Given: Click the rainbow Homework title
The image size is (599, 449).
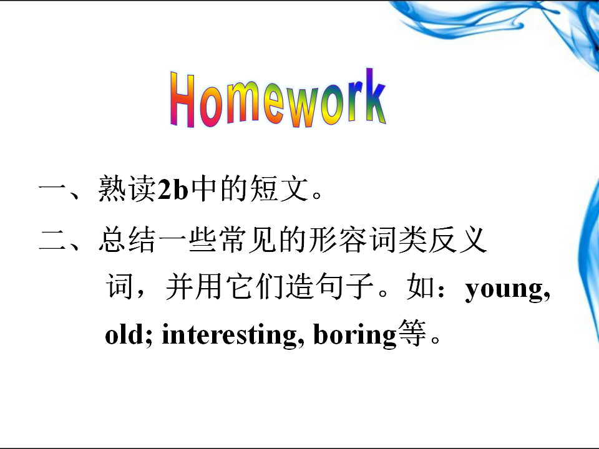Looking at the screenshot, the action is [x=278, y=98].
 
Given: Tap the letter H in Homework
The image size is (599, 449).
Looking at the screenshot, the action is [x=182, y=99].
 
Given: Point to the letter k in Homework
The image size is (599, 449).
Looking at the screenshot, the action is [x=375, y=95].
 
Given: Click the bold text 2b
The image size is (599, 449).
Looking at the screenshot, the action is [x=173, y=188].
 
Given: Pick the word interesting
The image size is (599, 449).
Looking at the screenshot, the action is [x=229, y=336].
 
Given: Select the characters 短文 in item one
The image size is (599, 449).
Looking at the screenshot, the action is [x=280, y=188].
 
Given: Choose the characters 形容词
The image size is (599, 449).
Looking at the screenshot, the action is [x=354, y=239].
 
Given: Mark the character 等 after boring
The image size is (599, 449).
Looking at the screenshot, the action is [x=412, y=333].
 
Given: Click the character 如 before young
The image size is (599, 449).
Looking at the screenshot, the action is [x=420, y=286].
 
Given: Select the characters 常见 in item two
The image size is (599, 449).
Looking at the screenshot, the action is [x=248, y=239].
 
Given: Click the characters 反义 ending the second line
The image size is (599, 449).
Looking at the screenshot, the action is [x=457, y=239].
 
